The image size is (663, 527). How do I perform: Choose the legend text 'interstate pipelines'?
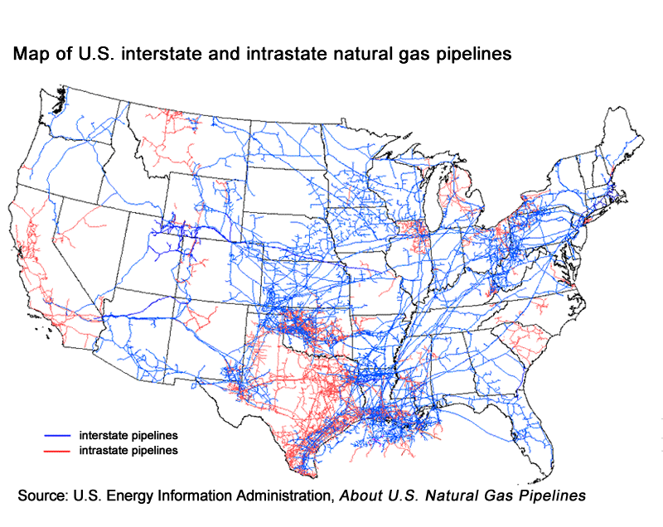point(128,434)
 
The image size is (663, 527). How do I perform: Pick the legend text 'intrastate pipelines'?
point(128,452)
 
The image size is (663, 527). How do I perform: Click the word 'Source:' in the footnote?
point(42,496)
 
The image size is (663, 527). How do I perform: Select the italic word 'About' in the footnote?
point(358,496)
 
